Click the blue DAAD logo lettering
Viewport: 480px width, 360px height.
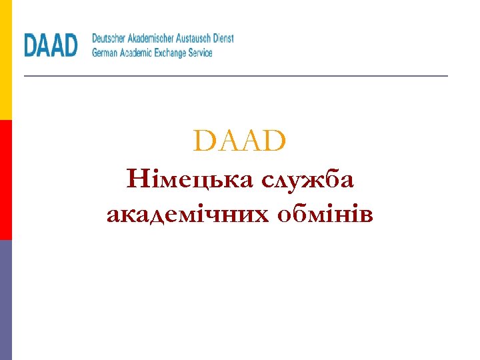pyautogui.click(x=51, y=45)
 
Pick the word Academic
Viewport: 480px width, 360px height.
pyautogui.click(x=139, y=52)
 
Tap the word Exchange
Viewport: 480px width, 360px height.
pyautogui.click(x=175, y=52)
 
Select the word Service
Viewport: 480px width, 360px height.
pyautogui.click(x=202, y=52)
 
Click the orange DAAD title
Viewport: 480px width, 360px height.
pyautogui.click(x=239, y=141)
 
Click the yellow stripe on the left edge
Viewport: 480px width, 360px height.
pyautogui.click(x=5, y=60)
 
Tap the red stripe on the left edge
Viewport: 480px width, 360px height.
pyautogui.click(x=5, y=180)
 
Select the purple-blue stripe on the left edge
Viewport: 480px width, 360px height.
pyautogui.click(x=5, y=300)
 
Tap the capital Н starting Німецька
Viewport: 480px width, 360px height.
pyautogui.click(x=135, y=179)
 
